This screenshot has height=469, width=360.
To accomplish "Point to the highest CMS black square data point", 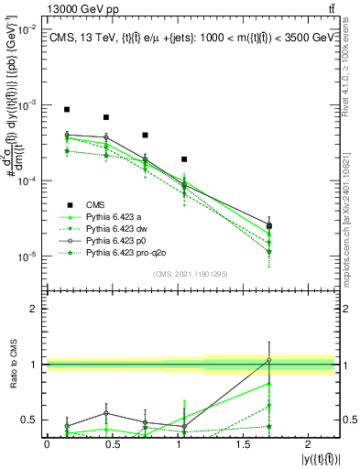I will (x=67, y=109).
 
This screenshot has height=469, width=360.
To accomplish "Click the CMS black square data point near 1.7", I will (x=268, y=225).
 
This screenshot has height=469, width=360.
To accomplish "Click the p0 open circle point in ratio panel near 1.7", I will (x=268, y=360).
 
